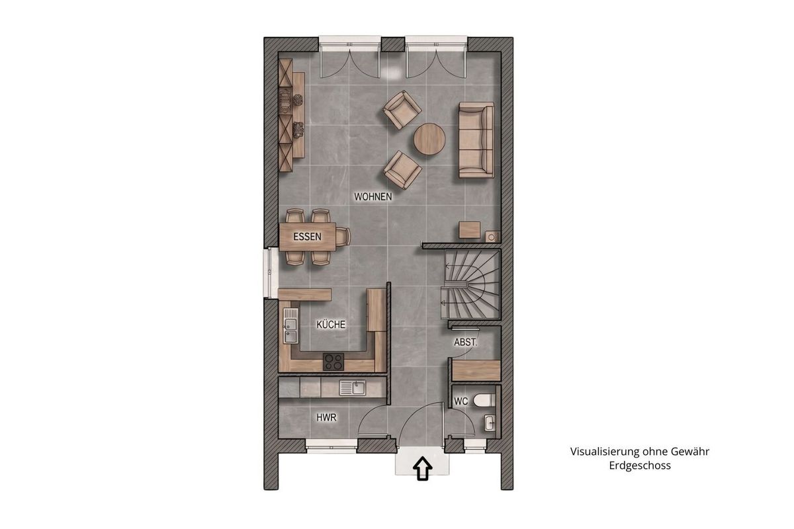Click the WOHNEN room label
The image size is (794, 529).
[x=373, y=196]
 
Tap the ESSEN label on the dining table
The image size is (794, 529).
[x=307, y=236]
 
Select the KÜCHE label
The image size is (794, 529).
[x=331, y=324]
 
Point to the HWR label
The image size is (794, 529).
[x=326, y=417]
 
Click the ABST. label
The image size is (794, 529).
[x=466, y=343]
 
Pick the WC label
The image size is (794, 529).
[x=461, y=401]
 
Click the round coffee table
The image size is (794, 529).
[x=429, y=139]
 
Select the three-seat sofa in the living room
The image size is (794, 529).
[x=476, y=140]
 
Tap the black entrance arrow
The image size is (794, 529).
[x=423, y=468]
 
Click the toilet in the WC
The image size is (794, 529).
[x=484, y=400]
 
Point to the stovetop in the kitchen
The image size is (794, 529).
[x=333, y=362]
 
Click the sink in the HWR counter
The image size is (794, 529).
[x=352, y=387]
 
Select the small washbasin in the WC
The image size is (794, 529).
[x=490, y=423]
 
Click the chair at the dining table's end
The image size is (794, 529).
[x=343, y=236]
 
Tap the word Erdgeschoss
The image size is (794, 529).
[x=640, y=466]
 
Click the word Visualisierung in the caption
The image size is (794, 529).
[x=599, y=452]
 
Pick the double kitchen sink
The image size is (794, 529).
[x=290, y=325]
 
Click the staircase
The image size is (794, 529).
[x=470, y=285]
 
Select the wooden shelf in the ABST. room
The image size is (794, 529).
[x=476, y=370]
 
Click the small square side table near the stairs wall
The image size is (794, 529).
[x=470, y=230]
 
